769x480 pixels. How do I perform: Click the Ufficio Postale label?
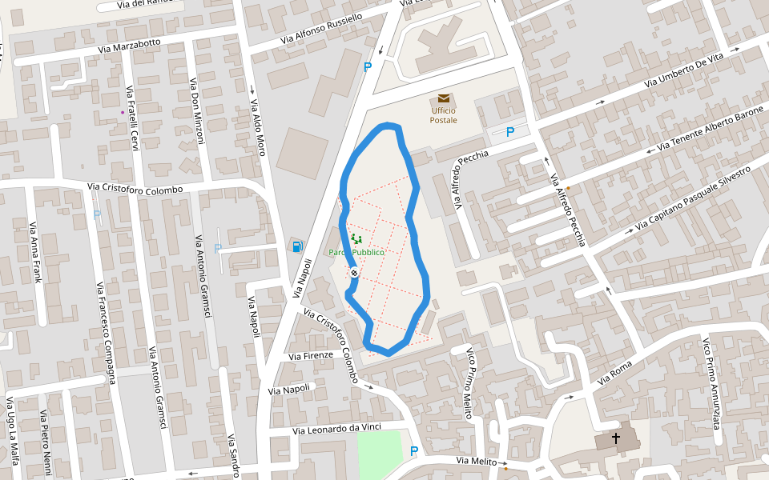click(444, 115)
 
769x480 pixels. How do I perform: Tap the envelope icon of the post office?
click(444, 98)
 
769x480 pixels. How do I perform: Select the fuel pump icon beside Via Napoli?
click(297, 246)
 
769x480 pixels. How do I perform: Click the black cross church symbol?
click(616, 438)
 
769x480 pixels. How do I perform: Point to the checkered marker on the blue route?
click(353, 274)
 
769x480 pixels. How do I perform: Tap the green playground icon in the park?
click(357, 238)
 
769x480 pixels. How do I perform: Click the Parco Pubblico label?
click(357, 253)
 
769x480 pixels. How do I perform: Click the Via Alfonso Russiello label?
click(321, 29)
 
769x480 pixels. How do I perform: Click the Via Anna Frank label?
click(35, 252)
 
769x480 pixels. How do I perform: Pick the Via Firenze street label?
click(311, 356)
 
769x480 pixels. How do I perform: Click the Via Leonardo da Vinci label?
click(336, 429)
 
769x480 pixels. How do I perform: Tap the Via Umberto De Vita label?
click(684, 70)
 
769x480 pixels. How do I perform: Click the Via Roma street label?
click(615, 373)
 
